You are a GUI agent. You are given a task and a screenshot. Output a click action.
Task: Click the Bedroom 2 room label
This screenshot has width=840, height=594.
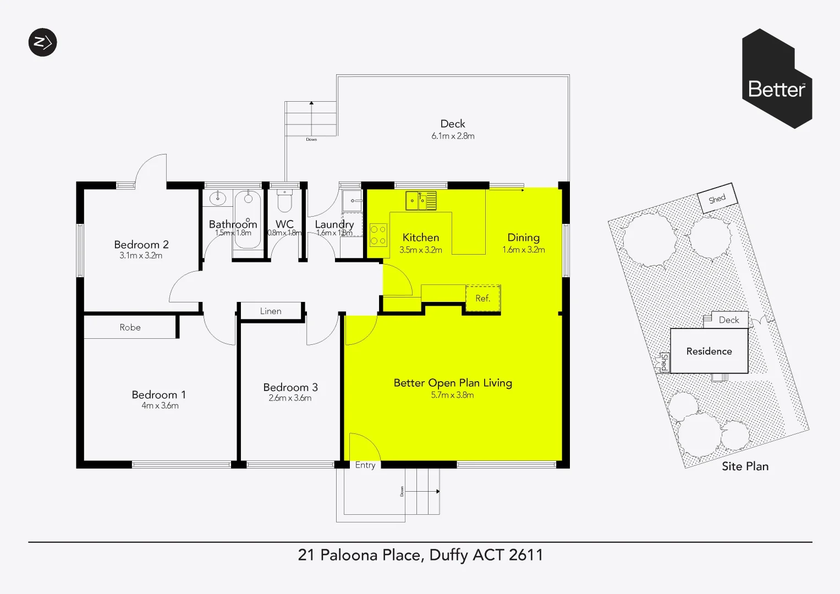coord(141,245)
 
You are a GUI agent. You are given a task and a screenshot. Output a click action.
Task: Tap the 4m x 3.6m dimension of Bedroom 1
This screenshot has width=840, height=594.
coord(160,406)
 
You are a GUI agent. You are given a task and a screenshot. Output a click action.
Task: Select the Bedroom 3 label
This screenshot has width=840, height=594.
coord(290,387)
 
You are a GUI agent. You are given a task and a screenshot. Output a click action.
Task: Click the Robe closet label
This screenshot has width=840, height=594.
coord(130,327)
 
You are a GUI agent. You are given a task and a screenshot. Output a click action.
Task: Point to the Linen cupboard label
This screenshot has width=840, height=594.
coord(271,311)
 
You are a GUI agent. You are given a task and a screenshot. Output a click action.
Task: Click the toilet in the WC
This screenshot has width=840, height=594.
coord(284,202)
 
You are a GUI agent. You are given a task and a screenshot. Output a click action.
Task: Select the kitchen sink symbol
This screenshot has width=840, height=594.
coord(421,200)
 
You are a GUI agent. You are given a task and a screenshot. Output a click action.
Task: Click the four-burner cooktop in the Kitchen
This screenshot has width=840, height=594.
coord(378,235)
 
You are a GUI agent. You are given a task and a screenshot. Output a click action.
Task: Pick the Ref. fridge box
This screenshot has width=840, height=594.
coord(483,298)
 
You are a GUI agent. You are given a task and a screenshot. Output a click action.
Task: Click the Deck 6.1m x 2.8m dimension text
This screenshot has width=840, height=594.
coord(453,136)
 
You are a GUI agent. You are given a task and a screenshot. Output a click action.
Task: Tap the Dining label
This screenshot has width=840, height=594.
coord(523,238)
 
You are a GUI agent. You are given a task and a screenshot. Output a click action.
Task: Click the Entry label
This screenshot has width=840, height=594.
coord(365,465)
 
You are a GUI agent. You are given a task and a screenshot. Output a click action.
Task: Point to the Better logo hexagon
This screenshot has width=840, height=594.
coord(776,79)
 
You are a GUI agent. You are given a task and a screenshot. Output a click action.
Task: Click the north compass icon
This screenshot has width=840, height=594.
coord(42,42)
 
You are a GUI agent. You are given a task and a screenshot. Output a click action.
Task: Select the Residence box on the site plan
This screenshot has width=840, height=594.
coord(709,351)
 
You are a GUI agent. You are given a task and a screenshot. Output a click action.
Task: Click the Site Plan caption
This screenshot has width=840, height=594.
coord(745,466)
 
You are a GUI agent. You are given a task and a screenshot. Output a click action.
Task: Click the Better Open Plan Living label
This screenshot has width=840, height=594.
coord(453,383)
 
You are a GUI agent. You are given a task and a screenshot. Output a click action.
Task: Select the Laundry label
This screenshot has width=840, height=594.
coord(334,224)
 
